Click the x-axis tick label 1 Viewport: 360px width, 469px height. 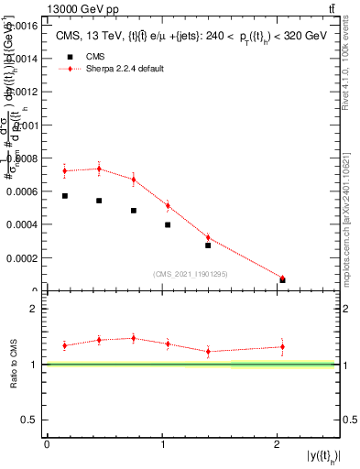pos(162,443)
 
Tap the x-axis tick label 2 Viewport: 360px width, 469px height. pos(278,443)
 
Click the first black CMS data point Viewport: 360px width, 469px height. pos(65,196)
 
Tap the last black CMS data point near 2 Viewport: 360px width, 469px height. pos(282,279)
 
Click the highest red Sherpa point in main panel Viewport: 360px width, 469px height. pos(99,169)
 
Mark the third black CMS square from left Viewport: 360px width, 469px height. pos(134,211)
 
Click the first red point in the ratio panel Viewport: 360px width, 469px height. pos(65,345)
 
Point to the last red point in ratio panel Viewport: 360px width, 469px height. pos(282,346)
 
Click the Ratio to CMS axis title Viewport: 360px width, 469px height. pos(14,365)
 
